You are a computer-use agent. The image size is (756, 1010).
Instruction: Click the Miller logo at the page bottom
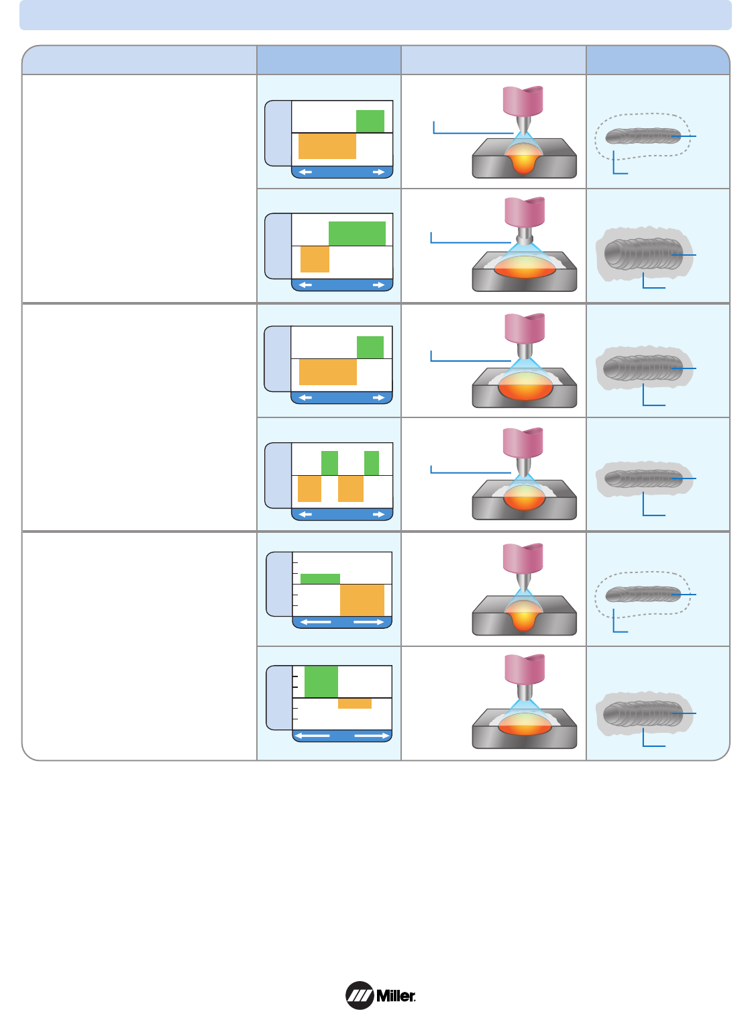click(x=380, y=995)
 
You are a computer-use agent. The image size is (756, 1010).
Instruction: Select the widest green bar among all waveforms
click(x=357, y=234)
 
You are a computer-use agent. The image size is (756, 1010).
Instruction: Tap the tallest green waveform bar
click(x=321, y=682)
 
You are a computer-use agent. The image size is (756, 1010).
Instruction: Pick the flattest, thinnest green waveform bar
click(x=320, y=579)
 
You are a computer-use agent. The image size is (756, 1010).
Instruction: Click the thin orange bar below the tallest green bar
click(x=354, y=704)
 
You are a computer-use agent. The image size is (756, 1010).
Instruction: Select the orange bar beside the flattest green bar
click(x=362, y=600)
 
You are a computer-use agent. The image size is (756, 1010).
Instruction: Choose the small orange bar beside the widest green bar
click(x=315, y=259)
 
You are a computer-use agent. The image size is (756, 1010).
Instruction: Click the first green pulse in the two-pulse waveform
click(x=329, y=463)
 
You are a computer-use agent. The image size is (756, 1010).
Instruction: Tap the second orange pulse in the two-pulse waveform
click(x=351, y=489)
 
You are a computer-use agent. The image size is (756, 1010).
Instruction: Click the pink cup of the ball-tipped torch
click(x=525, y=211)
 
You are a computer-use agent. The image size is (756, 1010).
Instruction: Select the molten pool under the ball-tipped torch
click(x=525, y=267)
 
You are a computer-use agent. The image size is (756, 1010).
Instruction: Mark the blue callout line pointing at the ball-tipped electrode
click(x=470, y=242)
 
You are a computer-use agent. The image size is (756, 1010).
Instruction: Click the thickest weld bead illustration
click(x=643, y=254)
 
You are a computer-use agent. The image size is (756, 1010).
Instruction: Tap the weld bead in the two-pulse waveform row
click(x=643, y=478)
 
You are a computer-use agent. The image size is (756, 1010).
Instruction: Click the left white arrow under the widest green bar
click(x=305, y=285)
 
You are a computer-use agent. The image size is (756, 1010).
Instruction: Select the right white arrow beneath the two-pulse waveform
click(x=379, y=515)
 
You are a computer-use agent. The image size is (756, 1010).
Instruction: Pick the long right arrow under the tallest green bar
click(x=372, y=736)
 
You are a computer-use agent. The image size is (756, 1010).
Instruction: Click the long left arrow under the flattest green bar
click(x=316, y=623)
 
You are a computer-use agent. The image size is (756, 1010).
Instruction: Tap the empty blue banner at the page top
click(x=375, y=15)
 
